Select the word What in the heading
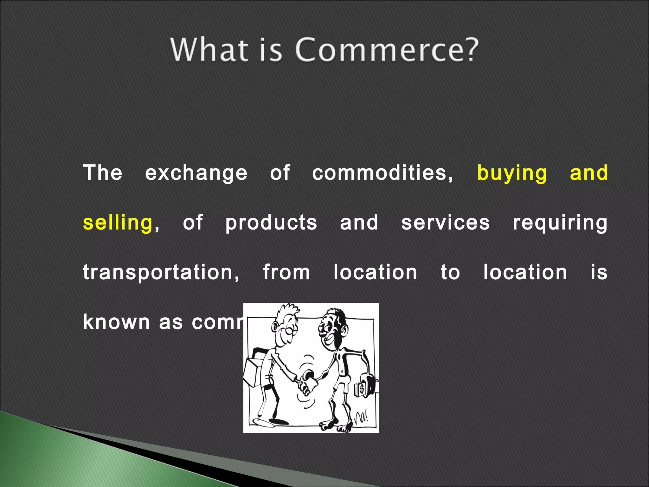click(209, 50)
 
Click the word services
click(445, 223)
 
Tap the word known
click(116, 322)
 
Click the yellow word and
click(588, 173)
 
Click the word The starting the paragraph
click(103, 173)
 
